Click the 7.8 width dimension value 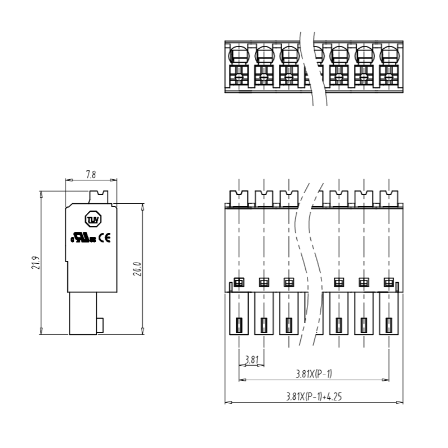tap(91, 174)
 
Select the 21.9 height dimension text tap(36, 263)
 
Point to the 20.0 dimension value tap(137, 269)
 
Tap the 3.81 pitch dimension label tap(251, 360)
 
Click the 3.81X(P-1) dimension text tap(314, 374)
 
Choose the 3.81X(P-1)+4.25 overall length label tap(314, 396)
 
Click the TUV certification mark tap(93, 219)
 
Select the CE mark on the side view tap(105, 237)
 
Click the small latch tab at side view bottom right tap(100, 325)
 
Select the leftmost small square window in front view tap(239, 282)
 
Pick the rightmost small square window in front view tap(389, 282)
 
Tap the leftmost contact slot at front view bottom tap(239, 325)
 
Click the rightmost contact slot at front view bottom tap(389, 325)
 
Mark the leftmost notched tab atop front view tap(239, 198)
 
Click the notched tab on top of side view tap(99, 197)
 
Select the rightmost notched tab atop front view tap(389, 198)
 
